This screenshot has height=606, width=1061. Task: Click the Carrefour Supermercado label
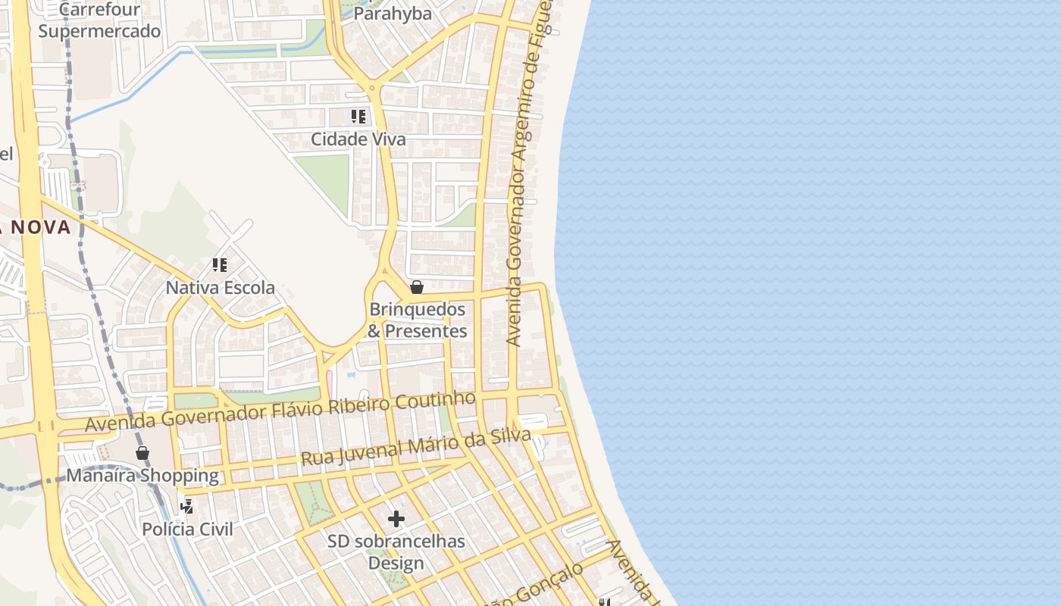coord(99,20)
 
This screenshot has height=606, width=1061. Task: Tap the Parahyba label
coord(393,14)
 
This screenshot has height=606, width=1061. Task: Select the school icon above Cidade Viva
coord(358,117)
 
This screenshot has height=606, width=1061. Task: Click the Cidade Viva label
coord(358,139)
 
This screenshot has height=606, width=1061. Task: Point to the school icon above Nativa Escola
coord(219,265)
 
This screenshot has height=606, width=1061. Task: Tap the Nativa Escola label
coord(221,288)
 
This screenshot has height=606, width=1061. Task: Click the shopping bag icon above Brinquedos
coord(417,287)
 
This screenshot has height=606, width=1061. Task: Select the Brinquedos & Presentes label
coord(418,320)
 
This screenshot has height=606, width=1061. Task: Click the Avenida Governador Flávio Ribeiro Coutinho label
coord(280,411)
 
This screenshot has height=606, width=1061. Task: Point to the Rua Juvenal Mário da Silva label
coord(415,447)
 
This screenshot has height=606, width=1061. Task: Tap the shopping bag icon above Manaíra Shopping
coord(142,453)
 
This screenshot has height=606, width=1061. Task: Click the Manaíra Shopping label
coord(142,476)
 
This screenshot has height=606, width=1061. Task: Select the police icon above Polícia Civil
coord(186,506)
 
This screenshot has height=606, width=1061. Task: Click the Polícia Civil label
coord(187,529)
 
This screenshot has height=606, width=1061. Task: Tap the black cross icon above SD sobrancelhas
coord(396,519)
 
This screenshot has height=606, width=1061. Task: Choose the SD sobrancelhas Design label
coord(396,552)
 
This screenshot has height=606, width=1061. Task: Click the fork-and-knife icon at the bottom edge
coord(604,602)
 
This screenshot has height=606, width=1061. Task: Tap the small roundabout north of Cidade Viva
coord(371,89)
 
